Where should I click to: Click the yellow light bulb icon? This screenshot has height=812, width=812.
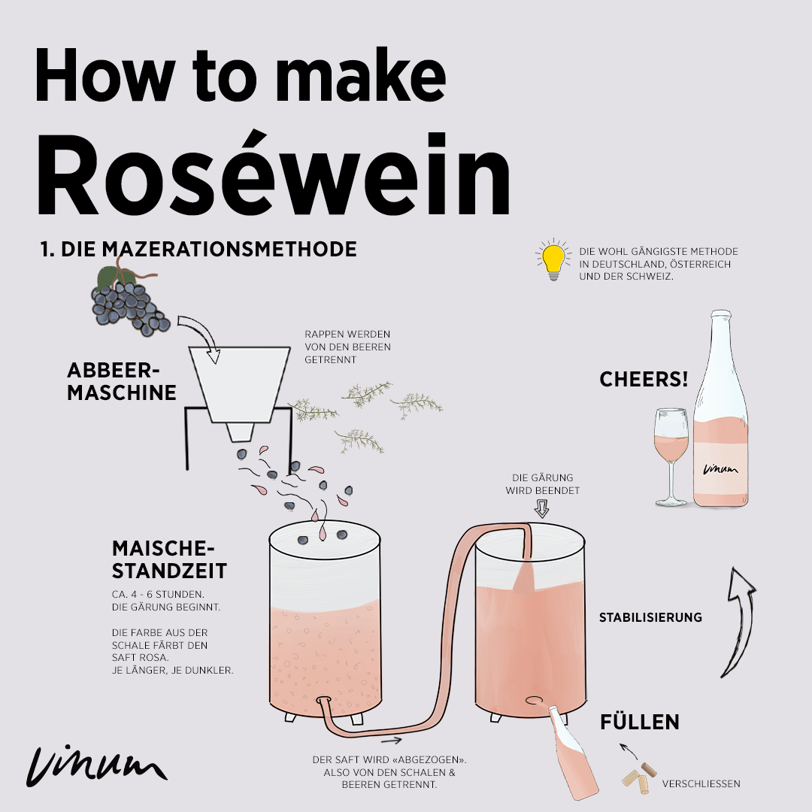553,260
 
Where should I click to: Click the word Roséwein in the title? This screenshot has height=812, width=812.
274,174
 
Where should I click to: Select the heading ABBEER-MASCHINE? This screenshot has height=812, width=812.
121,381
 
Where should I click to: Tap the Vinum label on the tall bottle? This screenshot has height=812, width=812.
720,468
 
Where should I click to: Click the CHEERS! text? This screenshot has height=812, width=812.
644,379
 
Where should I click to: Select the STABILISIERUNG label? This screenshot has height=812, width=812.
650,617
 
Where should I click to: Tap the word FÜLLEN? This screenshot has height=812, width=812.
640,722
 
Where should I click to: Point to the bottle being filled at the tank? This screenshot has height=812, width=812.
573,754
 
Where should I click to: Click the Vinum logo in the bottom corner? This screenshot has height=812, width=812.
97,766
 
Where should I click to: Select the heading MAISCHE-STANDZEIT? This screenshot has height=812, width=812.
169,559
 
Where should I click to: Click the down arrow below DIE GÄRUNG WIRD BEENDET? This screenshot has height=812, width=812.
541,508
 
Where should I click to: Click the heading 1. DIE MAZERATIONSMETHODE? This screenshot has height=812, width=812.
198,249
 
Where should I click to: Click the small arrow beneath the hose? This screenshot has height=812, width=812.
392,740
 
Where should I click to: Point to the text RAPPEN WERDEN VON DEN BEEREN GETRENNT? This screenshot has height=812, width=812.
347,347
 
